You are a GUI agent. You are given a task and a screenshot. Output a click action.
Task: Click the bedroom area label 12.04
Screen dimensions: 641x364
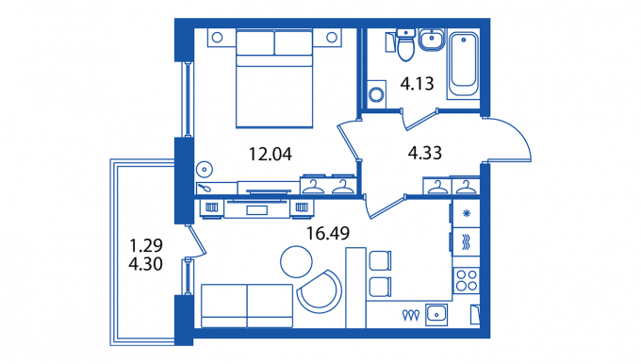(x=271, y=155)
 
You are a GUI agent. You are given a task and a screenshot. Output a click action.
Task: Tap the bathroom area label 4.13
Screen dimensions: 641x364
(x=417, y=83)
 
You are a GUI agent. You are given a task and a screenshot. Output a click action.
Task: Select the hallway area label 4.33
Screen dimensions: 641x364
(x=425, y=153)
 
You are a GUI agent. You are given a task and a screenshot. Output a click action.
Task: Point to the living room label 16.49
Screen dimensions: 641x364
(x=328, y=233)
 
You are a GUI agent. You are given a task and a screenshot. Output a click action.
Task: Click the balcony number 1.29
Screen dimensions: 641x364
(x=146, y=245)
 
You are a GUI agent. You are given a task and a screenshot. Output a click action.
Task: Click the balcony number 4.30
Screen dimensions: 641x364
(x=145, y=264)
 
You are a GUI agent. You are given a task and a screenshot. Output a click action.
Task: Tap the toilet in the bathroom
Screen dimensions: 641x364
(x=406, y=44)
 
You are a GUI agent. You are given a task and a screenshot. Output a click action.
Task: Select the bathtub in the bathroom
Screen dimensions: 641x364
(x=464, y=64)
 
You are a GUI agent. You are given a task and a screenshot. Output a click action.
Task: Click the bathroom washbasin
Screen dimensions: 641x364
(x=432, y=40)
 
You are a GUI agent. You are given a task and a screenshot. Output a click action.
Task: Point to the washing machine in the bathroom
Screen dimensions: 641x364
(x=376, y=94)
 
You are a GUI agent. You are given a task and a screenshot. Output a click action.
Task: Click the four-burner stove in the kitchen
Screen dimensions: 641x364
(x=467, y=280)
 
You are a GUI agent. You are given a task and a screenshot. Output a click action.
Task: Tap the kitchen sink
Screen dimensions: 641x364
(x=436, y=315)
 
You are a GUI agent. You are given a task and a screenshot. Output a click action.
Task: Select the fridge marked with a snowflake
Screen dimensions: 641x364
(x=466, y=213)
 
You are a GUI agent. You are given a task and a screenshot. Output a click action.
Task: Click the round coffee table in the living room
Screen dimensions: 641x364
(x=296, y=262)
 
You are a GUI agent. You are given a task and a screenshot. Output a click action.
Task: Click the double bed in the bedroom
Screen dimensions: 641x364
(x=274, y=78)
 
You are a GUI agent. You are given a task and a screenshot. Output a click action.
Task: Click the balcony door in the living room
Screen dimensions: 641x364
(x=197, y=241)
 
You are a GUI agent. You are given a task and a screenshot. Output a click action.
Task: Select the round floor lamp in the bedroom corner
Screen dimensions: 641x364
(x=204, y=170)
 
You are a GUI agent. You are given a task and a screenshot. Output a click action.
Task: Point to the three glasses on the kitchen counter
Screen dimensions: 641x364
(x=410, y=315)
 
